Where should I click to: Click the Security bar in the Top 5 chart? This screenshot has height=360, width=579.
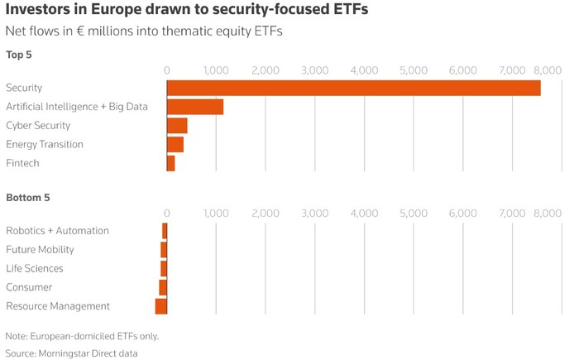(353, 88)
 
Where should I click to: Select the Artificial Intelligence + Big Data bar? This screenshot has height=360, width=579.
(195, 107)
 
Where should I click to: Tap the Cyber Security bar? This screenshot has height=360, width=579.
(177, 126)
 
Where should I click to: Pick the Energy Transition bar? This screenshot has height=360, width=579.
(175, 145)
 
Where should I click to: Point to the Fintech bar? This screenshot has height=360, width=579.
(171, 164)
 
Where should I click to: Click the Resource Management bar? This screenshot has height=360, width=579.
(161, 306)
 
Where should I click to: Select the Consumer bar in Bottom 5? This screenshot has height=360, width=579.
(163, 287)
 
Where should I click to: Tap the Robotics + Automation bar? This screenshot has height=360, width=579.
(165, 231)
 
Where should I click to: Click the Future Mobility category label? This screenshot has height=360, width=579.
(40, 249)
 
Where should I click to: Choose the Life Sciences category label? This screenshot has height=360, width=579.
(35, 268)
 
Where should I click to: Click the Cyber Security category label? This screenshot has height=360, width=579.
(38, 126)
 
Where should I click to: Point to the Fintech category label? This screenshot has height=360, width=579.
(22, 164)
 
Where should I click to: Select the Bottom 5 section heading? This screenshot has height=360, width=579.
(28, 198)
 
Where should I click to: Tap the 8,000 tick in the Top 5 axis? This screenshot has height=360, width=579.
(548, 70)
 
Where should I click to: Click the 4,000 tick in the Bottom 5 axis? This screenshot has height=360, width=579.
(365, 214)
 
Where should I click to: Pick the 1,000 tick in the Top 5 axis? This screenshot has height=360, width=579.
(216, 70)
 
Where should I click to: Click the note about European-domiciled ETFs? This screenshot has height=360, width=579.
(82, 336)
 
